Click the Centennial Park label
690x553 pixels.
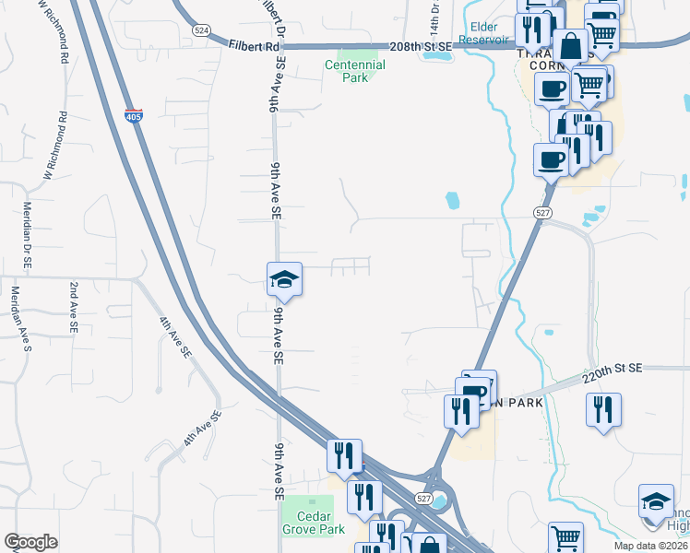(355, 71)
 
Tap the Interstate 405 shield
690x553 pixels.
(134, 117)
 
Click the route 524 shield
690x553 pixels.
(201, 29)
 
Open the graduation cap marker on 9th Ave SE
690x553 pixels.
(285, 278)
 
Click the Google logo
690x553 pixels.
(30, 542)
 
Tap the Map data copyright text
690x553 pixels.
(650, 546)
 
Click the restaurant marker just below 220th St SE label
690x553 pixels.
(603, 409)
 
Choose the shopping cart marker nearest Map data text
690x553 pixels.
(565, 537)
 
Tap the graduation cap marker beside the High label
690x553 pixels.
(656, 501)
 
